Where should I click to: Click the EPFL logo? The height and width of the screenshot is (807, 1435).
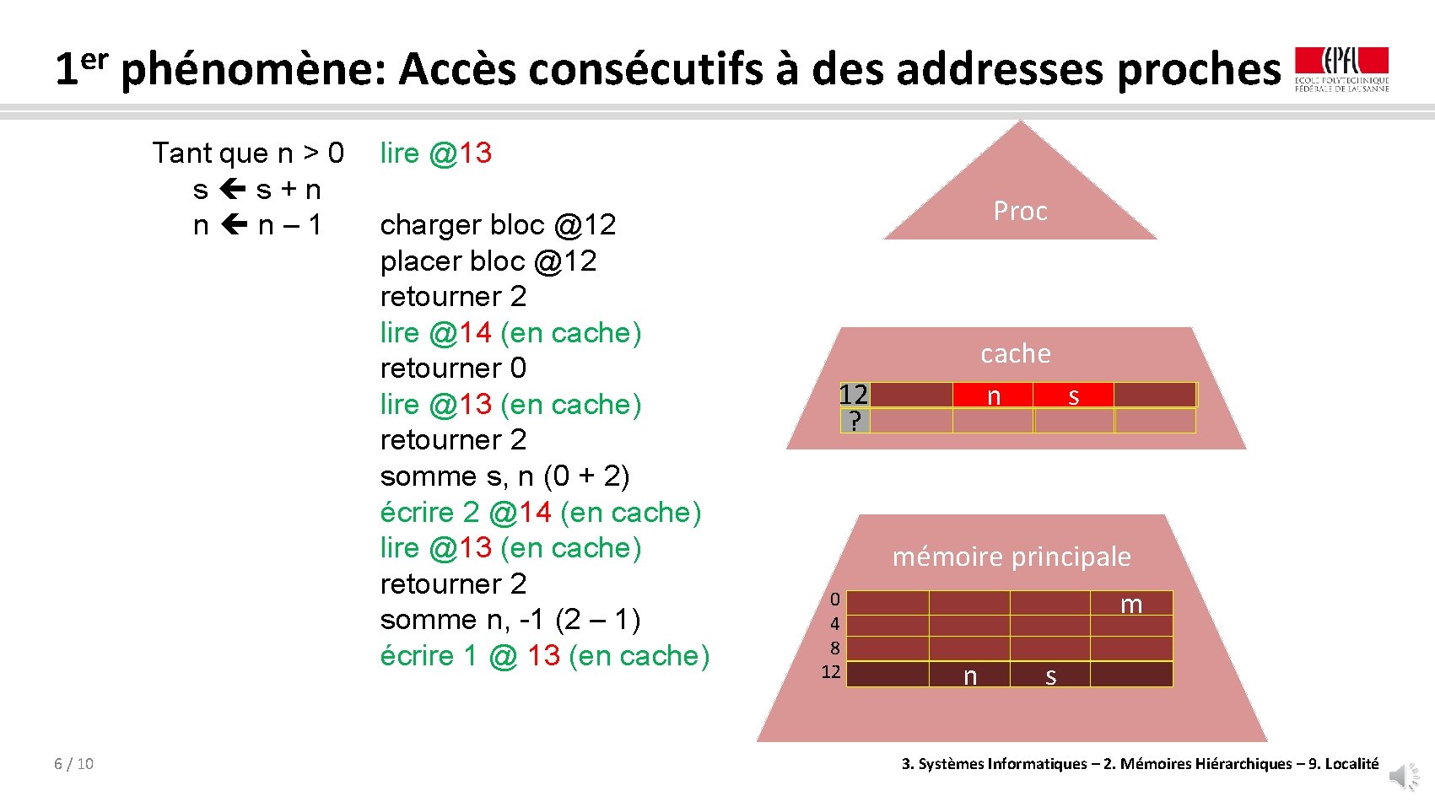click(x=1341, y=69)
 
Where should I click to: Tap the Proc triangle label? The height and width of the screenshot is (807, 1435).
click(x=1020, y=211)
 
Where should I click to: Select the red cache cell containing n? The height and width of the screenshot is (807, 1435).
click(x=993, y=395)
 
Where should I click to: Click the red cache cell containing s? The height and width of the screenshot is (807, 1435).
click(x=1073, y=395)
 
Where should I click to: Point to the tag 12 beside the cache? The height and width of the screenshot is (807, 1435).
click(x=854, y=395)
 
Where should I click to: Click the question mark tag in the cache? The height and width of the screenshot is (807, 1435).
click(x=855, y=420)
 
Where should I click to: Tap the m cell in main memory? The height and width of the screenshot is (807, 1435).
click(x=1130, y=603)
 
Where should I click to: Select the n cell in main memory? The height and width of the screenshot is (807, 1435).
click(x=969, y=675)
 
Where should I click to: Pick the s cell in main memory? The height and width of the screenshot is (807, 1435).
click(x=1050, y=675)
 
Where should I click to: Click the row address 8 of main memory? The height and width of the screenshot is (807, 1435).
click(x=834, y=648)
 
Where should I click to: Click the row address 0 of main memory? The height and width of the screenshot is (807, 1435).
click(x=834, y=600)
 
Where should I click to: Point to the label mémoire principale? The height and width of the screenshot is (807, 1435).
click(x=1012, y=557)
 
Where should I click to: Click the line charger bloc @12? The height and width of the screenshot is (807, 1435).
click(x=498, y=225)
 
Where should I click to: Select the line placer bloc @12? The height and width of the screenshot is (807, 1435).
click(x=488, y=261)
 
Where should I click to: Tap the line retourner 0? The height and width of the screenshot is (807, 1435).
click(x=453, y=369)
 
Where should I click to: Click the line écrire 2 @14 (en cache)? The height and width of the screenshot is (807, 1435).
click(x=540, y=512)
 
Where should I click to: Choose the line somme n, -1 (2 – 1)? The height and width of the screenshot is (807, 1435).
click(x=510, y=620)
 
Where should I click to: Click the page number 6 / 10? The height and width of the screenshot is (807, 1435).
click(x=73, y=764)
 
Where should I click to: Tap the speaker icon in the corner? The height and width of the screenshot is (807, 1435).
click(x=1405, y=776)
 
